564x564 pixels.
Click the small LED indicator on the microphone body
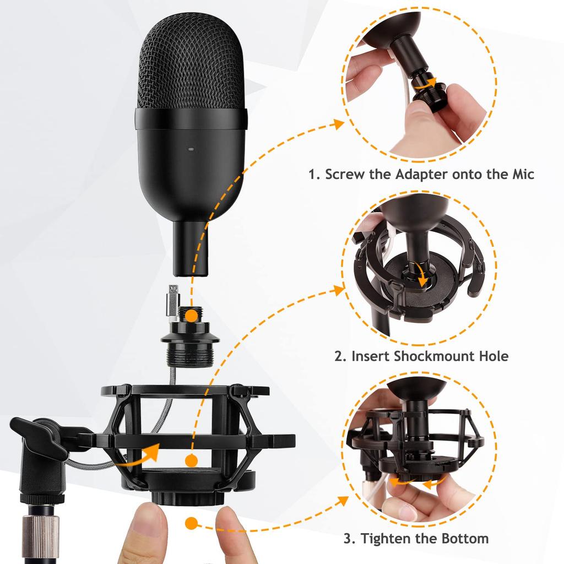pos(191,149)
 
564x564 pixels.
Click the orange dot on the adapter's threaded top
pos(190,316)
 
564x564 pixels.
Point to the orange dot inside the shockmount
pos(191,461)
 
